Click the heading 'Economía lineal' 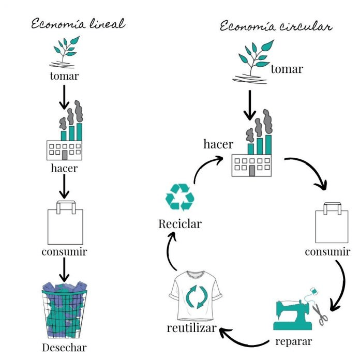click(x=78, y=24)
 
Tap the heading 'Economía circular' click(x=276, y=26)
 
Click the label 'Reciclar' click(x=180, y=224)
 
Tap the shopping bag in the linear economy click(x=65, y=223)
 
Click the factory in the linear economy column click(x=65, y=137)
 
